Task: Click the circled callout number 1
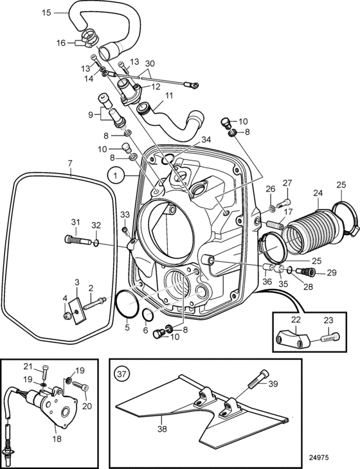pyautogui.click(x=116, y=175)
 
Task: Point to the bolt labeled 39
pyautogui.click(x=258, y=378)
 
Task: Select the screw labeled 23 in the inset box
pyautogui.click(x=330, y=338)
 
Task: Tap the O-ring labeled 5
pyautogui.click(x=127, y=303)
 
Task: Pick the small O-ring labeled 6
pyautogui.click(x=148, y=314)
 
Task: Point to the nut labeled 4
pyautogui.click(x=67, y=315)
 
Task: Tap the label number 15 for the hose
pyautogui.click(x=46, y=13)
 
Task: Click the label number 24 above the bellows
pyautogui.click(x=318, y=193)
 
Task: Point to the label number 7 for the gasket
pyautogui.click(x=70, y=164)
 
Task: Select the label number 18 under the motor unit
pyautogui.click(x=57, y=439)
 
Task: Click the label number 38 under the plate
pyautogui.click(x=162, y=429)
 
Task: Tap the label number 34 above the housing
pyautogui.click(x=206, y=139)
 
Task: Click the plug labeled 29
pyautogui.click(x=305, y=271)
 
